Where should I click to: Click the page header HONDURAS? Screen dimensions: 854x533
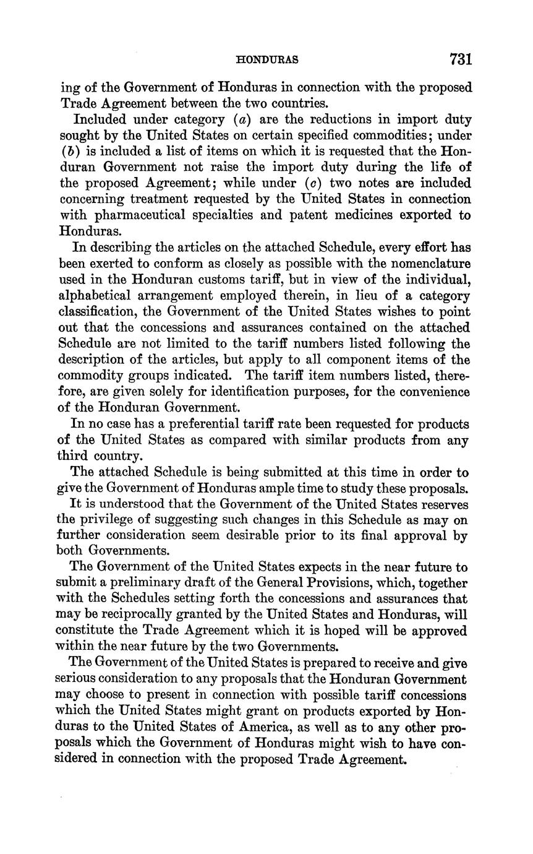268,60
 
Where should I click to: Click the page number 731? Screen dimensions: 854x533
461,59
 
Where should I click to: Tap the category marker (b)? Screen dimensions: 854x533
67,151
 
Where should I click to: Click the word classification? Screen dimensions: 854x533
103,312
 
